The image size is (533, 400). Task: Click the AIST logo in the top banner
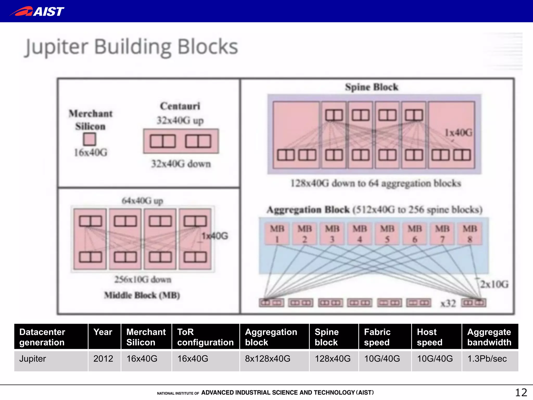[37, 11]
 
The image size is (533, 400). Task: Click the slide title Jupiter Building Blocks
[131, 47]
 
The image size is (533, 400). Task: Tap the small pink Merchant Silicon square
[90, 139]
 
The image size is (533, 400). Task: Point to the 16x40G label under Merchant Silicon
[91, 153]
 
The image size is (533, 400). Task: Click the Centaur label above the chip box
[180, 106]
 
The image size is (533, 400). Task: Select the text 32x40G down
[181, 164]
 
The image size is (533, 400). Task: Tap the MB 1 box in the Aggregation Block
[277, 234]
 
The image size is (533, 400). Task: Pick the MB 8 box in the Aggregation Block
[470, 234]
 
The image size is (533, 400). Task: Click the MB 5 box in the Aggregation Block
[387, 234]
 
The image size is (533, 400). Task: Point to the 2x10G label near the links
[494, 284]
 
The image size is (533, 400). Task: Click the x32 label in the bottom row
[448, 303]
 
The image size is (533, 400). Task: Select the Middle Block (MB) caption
[142, 295]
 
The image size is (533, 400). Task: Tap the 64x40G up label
[142, 201]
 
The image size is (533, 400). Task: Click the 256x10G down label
[143, 279]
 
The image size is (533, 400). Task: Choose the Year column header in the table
[103, 332]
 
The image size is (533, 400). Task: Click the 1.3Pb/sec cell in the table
[487, 359]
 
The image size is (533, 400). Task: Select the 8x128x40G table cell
[268, 359]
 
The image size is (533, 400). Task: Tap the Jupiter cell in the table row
[33, 359]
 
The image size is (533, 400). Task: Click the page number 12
[521, 392]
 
